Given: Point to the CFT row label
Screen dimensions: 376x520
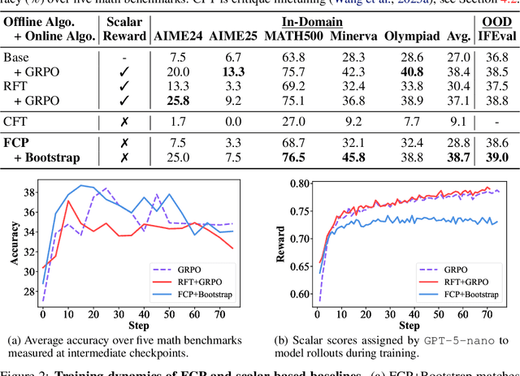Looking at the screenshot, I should click(x=15, y=121).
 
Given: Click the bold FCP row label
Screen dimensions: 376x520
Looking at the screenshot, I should click(x=17, y=142).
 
